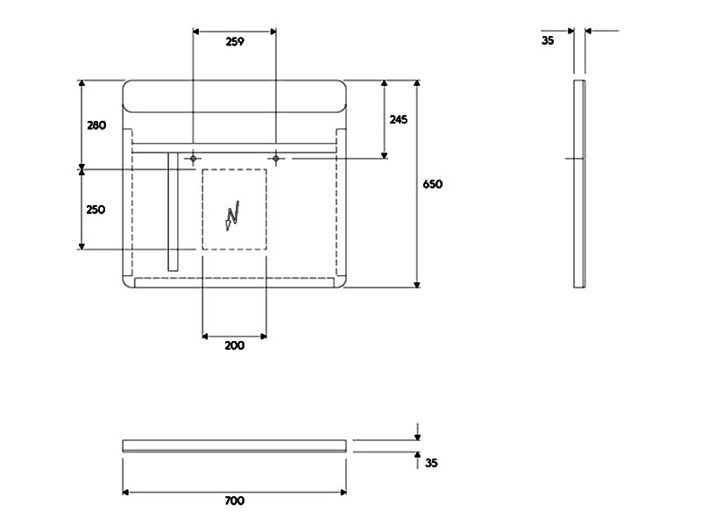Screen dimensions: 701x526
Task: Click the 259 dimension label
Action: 235,41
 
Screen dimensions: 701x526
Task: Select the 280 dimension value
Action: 96,125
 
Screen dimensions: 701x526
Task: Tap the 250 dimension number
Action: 96,210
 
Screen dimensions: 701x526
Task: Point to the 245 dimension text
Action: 399,119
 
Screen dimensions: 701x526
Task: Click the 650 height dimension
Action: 433,184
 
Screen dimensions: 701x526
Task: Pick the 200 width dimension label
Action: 235,345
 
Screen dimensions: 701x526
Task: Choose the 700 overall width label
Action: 235,501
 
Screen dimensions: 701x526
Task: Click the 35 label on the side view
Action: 548,40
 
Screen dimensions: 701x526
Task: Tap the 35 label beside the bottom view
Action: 431,463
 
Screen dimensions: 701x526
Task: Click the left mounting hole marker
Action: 193,159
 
